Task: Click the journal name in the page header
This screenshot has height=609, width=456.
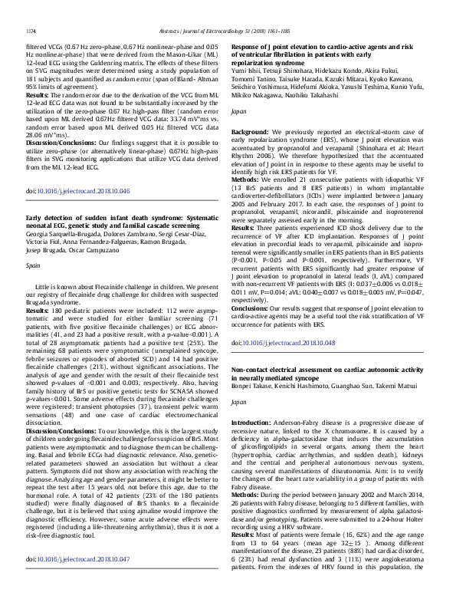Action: click(x=228, y=9)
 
